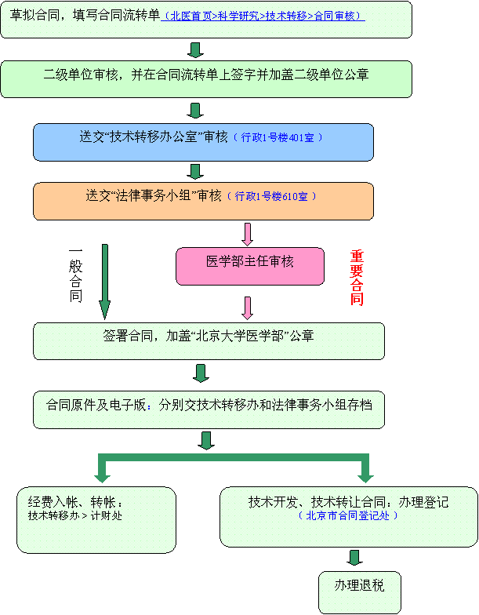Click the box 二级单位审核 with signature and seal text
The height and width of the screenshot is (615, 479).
pyautogui.click(x=206, y=78)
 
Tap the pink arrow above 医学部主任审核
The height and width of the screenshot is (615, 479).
pyautogui.click(x=249, y=235)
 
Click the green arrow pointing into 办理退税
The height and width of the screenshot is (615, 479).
pyautogui.click(x=354, y=559)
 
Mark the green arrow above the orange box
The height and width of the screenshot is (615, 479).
pyautogui.click(x=196, y=171)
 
